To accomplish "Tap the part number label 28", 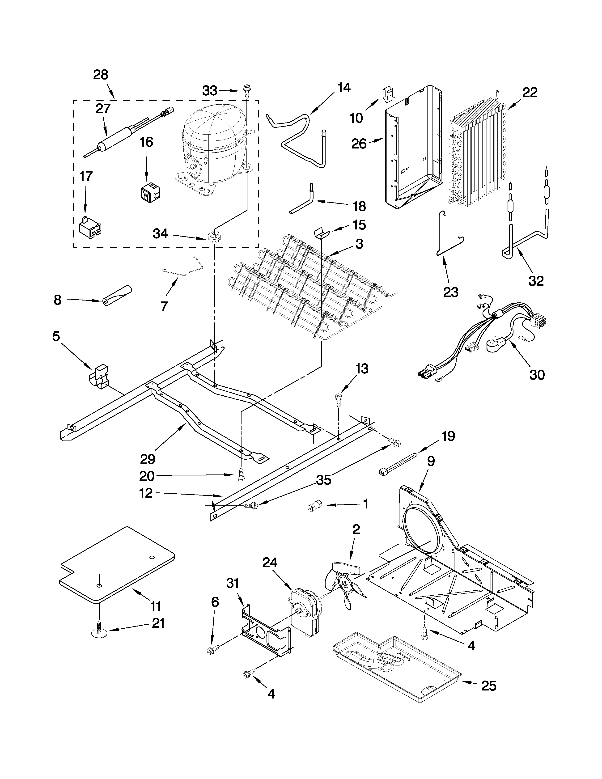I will coord(101,75).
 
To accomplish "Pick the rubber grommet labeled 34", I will coord(213,236).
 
